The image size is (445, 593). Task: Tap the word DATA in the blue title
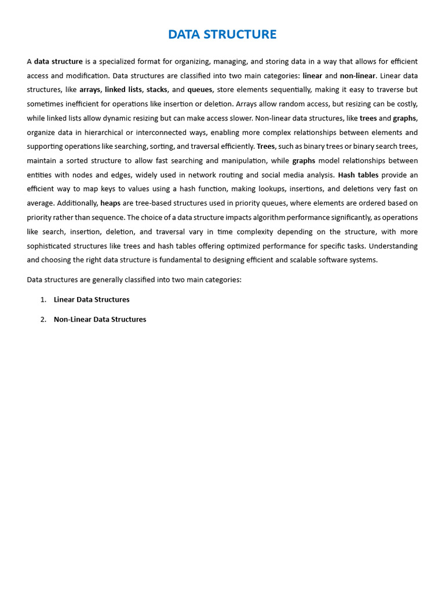pos(183,35)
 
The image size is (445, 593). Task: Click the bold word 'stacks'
pos(156,90)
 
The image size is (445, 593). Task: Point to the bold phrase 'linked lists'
pos(123,90)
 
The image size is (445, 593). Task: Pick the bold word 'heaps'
pos(110,203)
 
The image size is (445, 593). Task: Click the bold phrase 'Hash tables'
pos(358,175)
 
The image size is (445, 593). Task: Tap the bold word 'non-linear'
pos(358,76)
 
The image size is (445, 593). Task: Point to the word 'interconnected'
pos(177,132)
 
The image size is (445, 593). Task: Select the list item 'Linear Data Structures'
pos(92,300)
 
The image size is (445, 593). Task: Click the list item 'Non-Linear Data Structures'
pos(100,320)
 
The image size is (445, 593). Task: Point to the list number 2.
pos(43,320)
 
